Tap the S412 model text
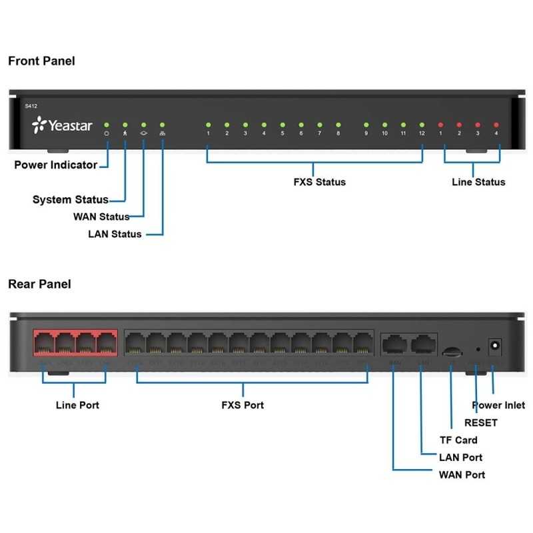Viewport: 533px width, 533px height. click(x=31, y=106)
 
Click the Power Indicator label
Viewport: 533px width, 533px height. click(x=56, y=165)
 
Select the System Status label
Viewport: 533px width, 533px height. click(x=71, y=199)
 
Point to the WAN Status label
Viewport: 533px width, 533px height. click(x=101, y=217)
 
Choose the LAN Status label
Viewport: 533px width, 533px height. click(x=115, y=234)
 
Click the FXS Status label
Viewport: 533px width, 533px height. click(x=319, y=182)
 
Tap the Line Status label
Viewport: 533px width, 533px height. click(x=478, y=182)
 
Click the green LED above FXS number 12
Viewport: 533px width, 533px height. click(x=421, y=125)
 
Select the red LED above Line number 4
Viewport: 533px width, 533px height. click(x=496, y=125)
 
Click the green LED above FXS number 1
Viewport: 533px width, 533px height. click(x=208, y=125)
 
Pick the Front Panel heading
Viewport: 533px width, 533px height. click(x=41, y=61)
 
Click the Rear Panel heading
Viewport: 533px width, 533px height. click(x=39, y=284)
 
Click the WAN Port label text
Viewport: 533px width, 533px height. click(x=462, y=474)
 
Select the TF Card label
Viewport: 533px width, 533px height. click(x=458, y=440)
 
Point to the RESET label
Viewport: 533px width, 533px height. click(x=480, y=422)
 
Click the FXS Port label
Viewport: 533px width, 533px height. click(x=243, y=405)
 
